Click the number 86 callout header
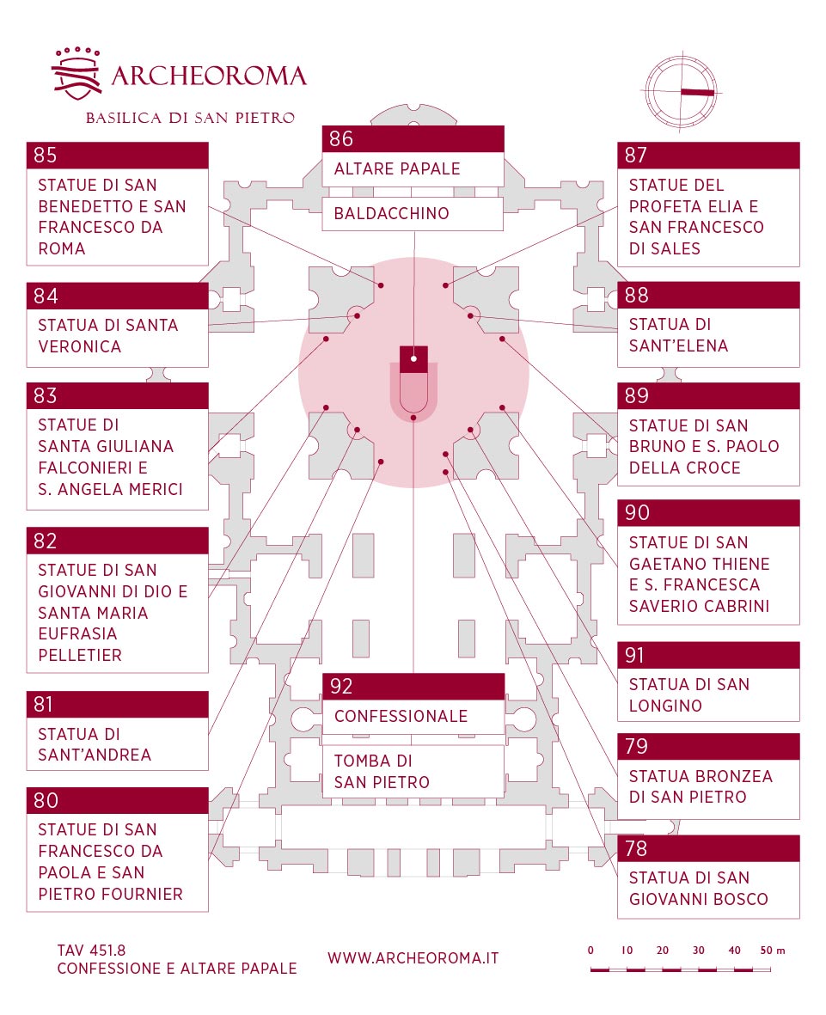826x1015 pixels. pyautogui.click(x=413, y=138)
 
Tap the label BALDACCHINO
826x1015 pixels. pyautogui.click(x=392, y=214)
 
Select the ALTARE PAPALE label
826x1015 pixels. pyautogui.click(x=397, y=169)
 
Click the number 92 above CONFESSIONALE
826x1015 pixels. pyautogui.click(x=341, y=686)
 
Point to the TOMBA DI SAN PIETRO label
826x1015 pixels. pyautogui.click(x=382, y=772)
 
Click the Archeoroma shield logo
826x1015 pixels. pyautogui.click(x=76, y=74)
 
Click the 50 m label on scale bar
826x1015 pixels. pyautogui.click(x=772, y=951)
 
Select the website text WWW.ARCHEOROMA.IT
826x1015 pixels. pyautogui.click(x=413, y=958)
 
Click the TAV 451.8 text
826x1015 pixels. pyautogui.click(x=91, y=951)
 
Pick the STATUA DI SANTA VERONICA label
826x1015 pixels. pyautogui.click(x=108, y=336)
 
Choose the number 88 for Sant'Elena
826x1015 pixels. pyautogui.click(x=636, y=295)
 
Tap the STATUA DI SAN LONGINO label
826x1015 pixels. pyautogui.click(x=689, y=695)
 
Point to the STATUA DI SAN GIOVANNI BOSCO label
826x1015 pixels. pyautogui.click(x=699, y=888)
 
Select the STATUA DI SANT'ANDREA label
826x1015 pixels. pyautogui.click(x=95, y=744)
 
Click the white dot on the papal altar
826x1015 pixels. pyautogui.click(x=413, y=358)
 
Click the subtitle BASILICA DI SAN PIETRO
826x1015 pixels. pyautogui.click(x=190, y=118)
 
